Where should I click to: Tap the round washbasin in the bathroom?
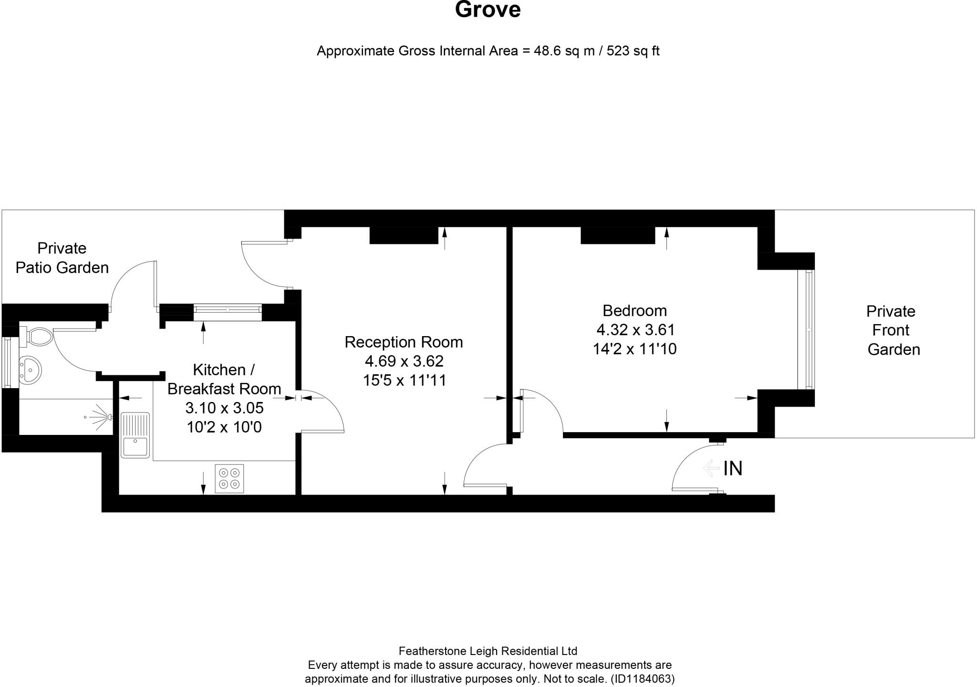pos(31,370)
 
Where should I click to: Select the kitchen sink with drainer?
pos(135,435)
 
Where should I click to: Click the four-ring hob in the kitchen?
pos(229,478)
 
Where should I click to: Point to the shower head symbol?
pos(101,417)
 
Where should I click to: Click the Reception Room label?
pos(404,342)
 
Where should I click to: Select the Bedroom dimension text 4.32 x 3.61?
pos(635,330)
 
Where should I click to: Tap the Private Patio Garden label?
pos(62,258)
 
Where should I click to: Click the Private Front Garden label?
pos(891,330)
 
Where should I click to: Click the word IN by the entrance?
pos(733,468)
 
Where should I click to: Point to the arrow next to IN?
pos(711,468)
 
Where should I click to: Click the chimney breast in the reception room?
pos(404,235)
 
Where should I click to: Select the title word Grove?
pos(488,10)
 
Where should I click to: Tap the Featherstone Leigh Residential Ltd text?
pos(488,651)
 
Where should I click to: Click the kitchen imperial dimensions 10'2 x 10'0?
pos(224,427)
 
